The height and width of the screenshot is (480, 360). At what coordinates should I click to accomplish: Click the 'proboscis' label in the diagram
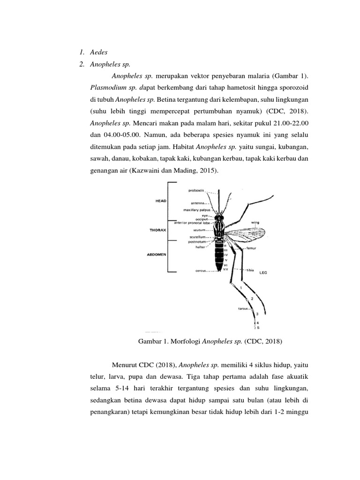pyautogui.click(x=196, y=190)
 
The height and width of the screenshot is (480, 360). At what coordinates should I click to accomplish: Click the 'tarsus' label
pyautogui.click(x=243, y=309)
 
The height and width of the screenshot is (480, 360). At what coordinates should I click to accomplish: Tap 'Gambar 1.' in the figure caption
pyautogui.click(x=152, y=342)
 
